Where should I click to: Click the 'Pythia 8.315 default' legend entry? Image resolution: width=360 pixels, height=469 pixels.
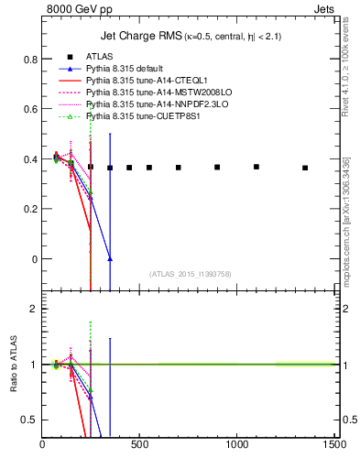click(x=125, y=70)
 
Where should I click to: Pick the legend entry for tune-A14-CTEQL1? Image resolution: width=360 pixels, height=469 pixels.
click(x=136, y=82)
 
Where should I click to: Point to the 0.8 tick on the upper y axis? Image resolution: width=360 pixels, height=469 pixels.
click(x=30, y=60)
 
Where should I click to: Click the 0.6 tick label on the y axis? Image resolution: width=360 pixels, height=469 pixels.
click(x=30, y=109)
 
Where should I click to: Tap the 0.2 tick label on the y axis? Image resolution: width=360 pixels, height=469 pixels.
click(x=30, y=209)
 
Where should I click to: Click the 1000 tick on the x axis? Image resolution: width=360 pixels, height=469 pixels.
click(x=236, y=445)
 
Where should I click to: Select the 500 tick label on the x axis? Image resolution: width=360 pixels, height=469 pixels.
click(x=139, y=445)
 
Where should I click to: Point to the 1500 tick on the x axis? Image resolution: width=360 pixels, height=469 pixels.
click(x=333, y=445)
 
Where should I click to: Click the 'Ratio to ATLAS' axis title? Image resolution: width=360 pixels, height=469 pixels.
click(x=13, y=365)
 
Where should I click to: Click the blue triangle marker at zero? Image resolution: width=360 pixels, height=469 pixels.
click(x=110, y=259)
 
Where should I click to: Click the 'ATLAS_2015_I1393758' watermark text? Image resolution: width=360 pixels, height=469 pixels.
click(x=190, y=273)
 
